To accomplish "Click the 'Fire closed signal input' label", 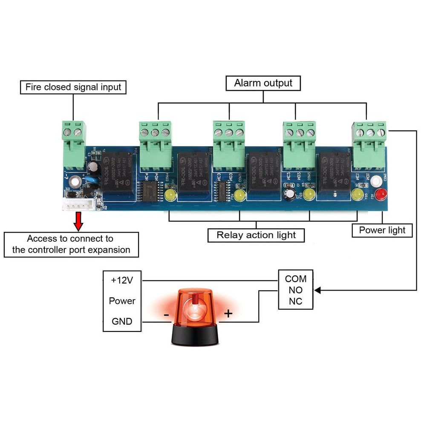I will [73, 87].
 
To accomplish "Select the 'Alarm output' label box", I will [263, 83].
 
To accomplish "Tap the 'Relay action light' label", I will [256, 235].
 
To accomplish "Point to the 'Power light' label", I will [382, 231].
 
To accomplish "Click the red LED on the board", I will [382, 194].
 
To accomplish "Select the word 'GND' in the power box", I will [122, 321].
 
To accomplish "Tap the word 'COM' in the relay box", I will [296, 279].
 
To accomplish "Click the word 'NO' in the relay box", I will [296, 290].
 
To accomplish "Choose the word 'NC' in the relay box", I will [296, 302].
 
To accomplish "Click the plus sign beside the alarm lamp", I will [228, 314].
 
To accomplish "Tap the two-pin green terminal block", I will [73, 145].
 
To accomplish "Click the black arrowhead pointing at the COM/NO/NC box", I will [318, 290].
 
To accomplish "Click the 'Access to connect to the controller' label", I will [71, 244].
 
